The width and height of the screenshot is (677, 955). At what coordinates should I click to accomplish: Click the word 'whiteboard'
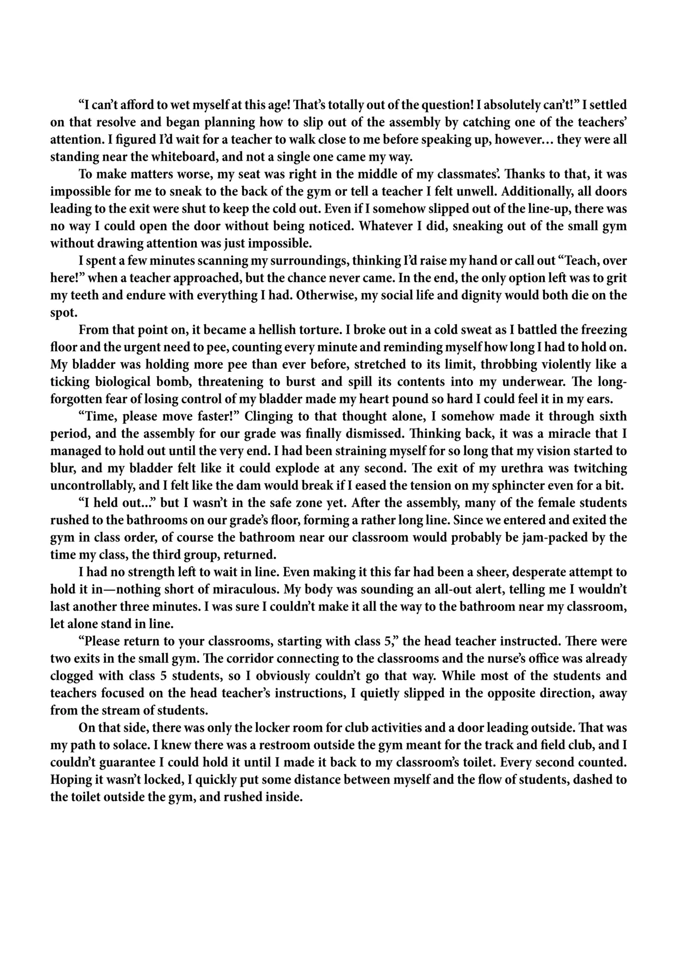coord(242,157)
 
